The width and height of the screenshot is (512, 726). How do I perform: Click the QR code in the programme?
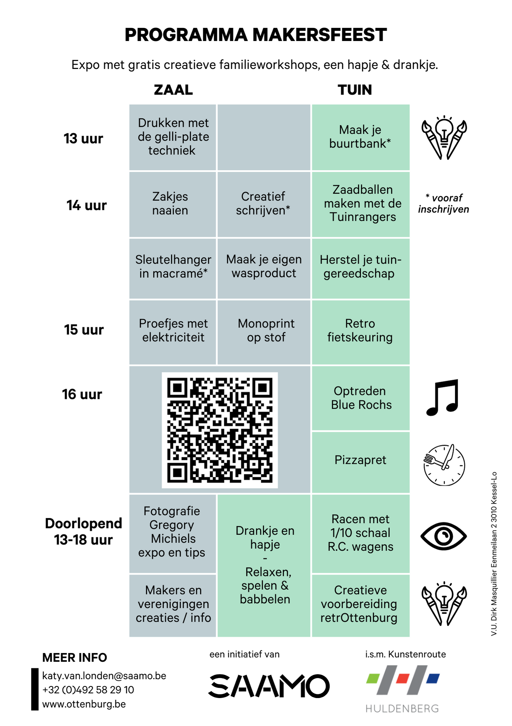[219, 430]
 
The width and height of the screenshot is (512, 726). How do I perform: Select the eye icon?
[443, 536]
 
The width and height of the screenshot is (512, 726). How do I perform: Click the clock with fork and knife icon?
[444, 465]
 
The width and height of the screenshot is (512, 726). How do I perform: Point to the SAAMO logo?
[269, 686]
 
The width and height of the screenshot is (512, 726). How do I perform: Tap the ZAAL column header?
[173, 90]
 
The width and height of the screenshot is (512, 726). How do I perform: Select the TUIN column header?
[355, 90]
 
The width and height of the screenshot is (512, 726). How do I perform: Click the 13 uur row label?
[83, 138]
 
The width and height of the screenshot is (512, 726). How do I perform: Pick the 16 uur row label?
[82, 394]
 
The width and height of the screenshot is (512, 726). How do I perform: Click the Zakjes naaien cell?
[173, 204]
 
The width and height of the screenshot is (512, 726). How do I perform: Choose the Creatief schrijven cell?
[264, 204]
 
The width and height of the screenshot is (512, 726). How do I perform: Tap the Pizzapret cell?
[360, 462]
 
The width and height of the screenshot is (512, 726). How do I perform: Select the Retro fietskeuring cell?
[360, 332]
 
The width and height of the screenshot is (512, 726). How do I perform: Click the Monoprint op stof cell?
[264, 332]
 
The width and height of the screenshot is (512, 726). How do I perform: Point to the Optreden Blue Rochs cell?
[360, 398]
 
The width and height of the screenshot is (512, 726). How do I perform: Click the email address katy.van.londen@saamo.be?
[104, 676]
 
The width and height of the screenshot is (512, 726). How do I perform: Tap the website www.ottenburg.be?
[84, 704]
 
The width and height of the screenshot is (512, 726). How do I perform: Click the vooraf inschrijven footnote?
[444, 203]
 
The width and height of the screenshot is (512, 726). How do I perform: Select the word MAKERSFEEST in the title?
[320, 35]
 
